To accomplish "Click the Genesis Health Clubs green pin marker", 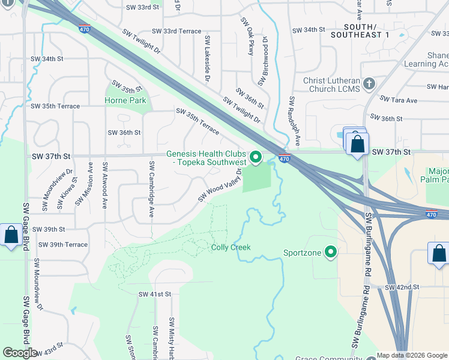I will [x=256, y=157].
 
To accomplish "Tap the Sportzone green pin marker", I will [x=330, y=253].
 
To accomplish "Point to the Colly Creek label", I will [x=231, y=247].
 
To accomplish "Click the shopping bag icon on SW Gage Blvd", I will [x=11, y=235].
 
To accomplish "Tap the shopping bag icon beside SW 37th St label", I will [x=358, y=145].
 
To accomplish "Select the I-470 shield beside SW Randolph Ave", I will [x=285, y=158].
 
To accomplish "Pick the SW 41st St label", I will [x=155, y=294].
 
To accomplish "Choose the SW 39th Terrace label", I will [x=62, y=245].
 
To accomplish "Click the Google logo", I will [x=20, y=353].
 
